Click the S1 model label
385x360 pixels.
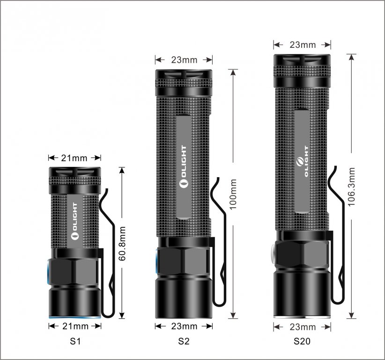[x=75, y=341]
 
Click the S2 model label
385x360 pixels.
[x=184, y=341]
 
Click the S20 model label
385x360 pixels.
[x=302, y=341]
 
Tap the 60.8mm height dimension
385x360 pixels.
[x=122, y=244]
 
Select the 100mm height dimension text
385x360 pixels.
[x=233, y=194]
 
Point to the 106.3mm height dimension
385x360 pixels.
[x=352, y=187]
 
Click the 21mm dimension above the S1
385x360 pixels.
[x=74, y=158]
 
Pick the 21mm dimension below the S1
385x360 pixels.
[x=75, y=326]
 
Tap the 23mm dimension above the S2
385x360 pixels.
[x=184, y=60]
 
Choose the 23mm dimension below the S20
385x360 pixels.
[x=303, y=327]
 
